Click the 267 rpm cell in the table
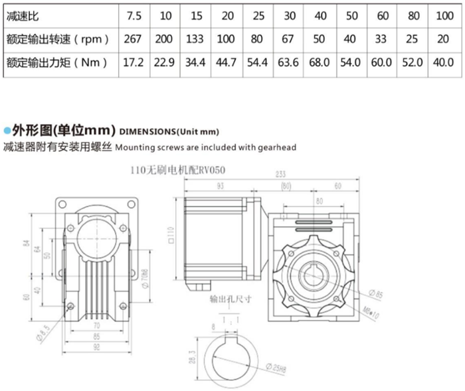pyautogui.click(x=134, y=39)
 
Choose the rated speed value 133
pyautogui.click(x=195, y=39)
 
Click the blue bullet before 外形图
pyautogui.click(x=7, y=129)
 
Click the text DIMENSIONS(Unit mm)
pyautogui.click(x=169, y=130)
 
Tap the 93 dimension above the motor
pyautogui.click(x=219, y=187)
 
